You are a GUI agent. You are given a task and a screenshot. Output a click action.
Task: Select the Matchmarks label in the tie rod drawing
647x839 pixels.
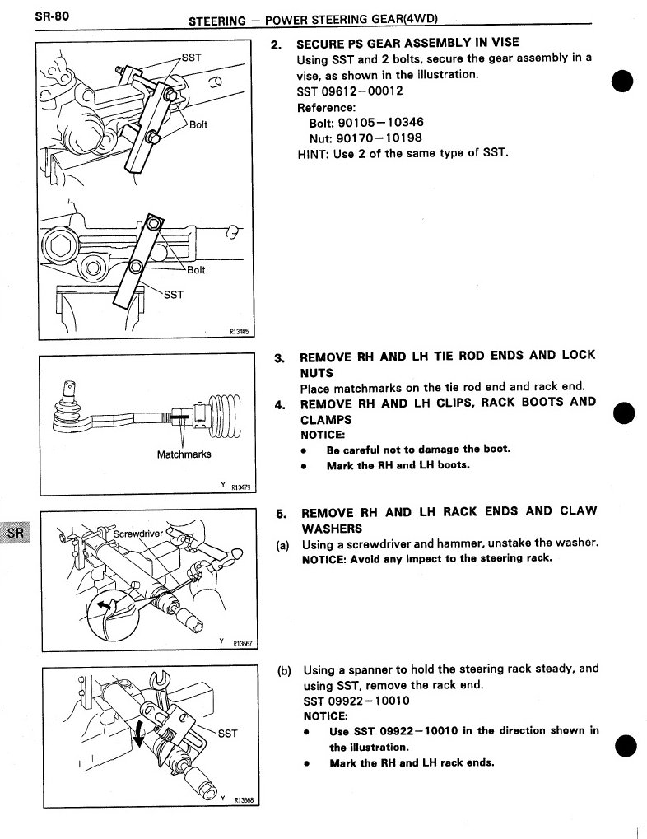tap(184, 454)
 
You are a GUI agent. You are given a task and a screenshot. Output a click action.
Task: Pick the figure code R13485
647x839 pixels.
tap(238, 333)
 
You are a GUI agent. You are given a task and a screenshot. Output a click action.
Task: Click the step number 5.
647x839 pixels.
tap(281, 512)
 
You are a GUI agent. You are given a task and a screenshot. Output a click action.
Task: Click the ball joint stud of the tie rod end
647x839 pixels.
tap(69, 388)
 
